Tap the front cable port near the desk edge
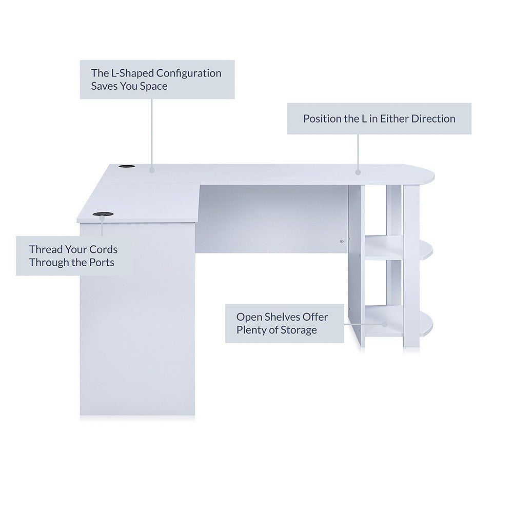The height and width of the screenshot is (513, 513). click(x=103, y=214)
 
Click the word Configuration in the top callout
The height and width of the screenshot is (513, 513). click(x=189, y=73)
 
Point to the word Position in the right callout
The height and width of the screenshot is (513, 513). click(x=322, y=119)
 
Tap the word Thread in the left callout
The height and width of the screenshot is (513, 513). click(x=46, y=250)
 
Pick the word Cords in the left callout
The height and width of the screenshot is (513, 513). click(x=104, y=250)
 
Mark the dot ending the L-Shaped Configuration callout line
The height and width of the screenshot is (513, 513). click(x=152, y=170)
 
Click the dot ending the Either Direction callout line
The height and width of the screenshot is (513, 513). click(x=358, y=172)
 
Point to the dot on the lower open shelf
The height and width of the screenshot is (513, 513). click(x=384, y=324)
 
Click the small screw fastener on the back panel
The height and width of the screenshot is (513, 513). click(x=342, y=242)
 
